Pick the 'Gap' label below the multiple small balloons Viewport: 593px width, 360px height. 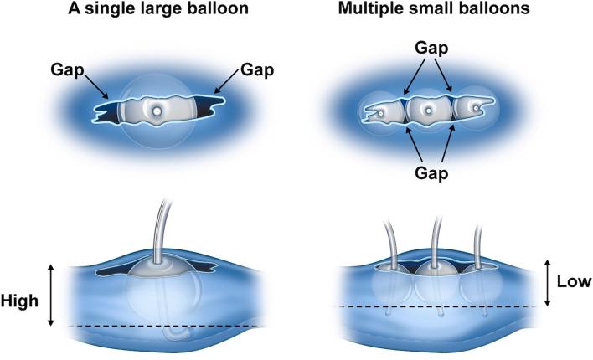click(x=428, y=174)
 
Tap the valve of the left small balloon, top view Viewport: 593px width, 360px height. click(x=379, y=111)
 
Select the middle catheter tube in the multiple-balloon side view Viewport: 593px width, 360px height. click(x=434, y=239)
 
